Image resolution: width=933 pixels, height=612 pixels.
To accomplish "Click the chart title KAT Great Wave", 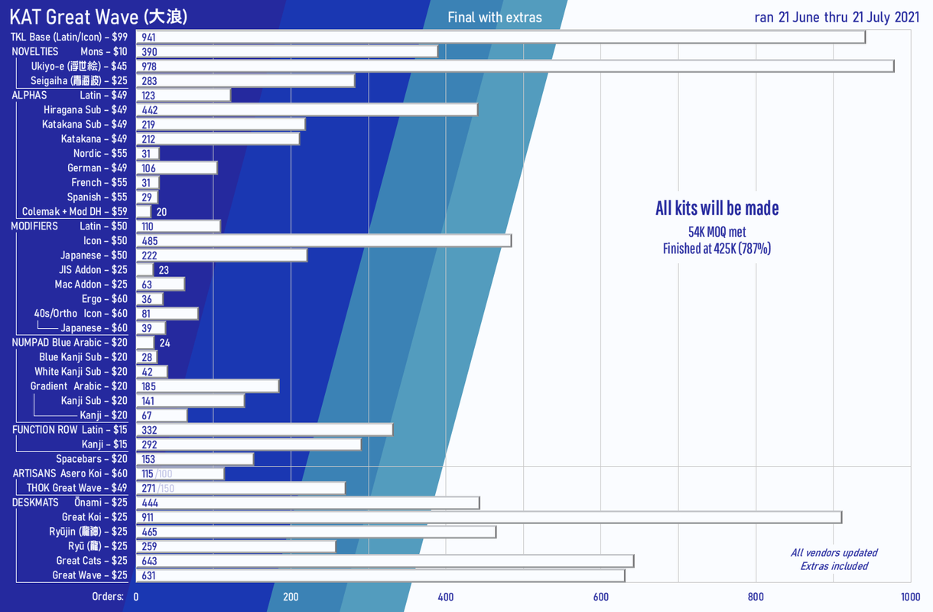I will pos(99,17).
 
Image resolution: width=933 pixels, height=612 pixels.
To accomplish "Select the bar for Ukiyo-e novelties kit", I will pos(515,67).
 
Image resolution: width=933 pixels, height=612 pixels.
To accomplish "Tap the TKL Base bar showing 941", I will pos(501,37).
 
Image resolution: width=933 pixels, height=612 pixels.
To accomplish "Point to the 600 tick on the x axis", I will pos(600,597).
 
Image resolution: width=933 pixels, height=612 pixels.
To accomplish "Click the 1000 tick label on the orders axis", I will pos(909,597).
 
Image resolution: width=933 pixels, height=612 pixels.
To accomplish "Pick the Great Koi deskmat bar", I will pos(489,518).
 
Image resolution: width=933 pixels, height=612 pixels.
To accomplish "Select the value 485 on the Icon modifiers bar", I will pos(150,241).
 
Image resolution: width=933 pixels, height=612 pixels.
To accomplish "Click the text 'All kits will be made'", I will pos(717,208).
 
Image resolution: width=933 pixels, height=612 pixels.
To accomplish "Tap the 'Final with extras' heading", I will pos(494,18).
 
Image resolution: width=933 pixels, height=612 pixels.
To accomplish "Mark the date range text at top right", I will pos(837,18).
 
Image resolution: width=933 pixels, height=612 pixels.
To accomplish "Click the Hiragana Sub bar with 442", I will pos(307,110).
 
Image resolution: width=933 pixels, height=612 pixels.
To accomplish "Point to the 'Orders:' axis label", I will pos(108,597).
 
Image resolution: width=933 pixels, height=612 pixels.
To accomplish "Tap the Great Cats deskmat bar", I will pos(385,562).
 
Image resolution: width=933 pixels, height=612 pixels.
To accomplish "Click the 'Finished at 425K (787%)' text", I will pos(717,248).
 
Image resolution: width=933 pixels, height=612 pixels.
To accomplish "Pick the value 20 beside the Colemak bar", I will pos(161,212).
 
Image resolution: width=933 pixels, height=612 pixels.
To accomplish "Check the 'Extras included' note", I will pos(834,566).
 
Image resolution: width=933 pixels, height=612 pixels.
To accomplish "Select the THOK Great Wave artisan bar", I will pos(240,488).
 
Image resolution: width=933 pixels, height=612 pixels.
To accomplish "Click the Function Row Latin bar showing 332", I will pos(264,430).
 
